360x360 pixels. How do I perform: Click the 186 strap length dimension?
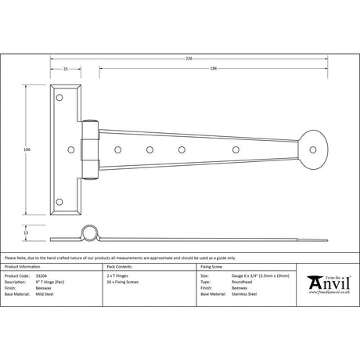pos(214,70)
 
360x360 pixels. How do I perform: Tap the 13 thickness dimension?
pos(27,233)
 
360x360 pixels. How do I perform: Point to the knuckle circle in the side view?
pos(88,233)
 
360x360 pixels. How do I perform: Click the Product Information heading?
pos(24,268)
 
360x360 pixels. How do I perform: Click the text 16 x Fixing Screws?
pos(122,282)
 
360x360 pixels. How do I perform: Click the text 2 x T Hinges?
pos(117,276)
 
